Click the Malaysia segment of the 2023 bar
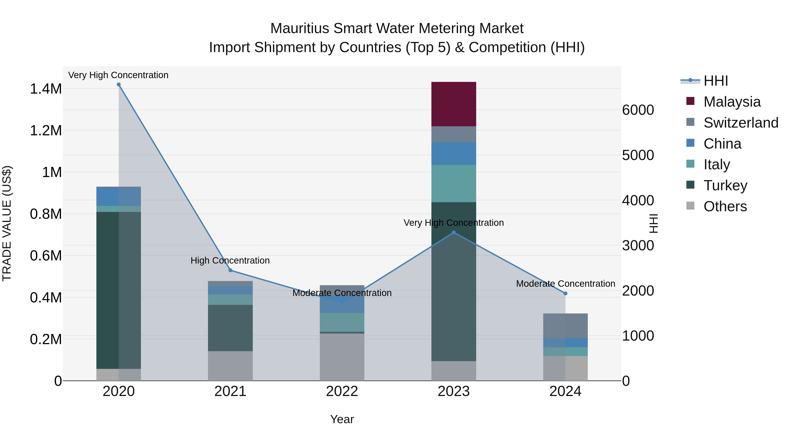[453, 104]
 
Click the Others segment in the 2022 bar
[342, 357]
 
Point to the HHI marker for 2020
[119, 85]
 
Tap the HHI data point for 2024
[565, 293]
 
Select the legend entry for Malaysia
[732, 102]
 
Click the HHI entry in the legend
[716, 81]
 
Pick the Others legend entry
[725, 206]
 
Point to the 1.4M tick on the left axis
[46, 89]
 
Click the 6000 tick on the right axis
[638, 110]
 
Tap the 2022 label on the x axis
[342, 391]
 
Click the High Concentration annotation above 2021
[230, 260]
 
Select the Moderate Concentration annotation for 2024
[565, 283]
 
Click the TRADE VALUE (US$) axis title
[7, 223]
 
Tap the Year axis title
[342, 419]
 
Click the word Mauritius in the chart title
[300, 28]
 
